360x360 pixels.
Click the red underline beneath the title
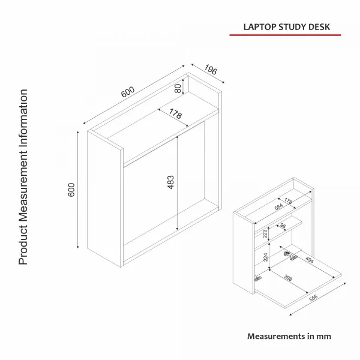tap(285, 35)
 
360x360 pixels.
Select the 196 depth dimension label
tap(211, 70)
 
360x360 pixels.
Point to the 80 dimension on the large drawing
tap(178, 88)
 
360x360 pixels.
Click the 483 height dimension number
tap(170, 182)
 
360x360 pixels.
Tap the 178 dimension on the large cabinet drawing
tap(175, 113)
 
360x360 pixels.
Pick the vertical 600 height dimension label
tap(71, 190)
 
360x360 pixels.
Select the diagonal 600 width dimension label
tap(128, 92)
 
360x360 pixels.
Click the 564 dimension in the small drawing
tap(278, 207)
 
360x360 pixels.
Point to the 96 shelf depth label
tap(283, 226)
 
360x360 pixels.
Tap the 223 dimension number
tap(265, 233)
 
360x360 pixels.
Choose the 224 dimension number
tap(265, 257)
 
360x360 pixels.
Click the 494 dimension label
tap(309, 260)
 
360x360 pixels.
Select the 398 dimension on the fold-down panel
tap(288, 278)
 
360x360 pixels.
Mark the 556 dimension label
tap(313, 298)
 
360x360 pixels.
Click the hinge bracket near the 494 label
tap(290, 256)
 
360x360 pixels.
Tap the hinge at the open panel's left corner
tap(258, 279)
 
